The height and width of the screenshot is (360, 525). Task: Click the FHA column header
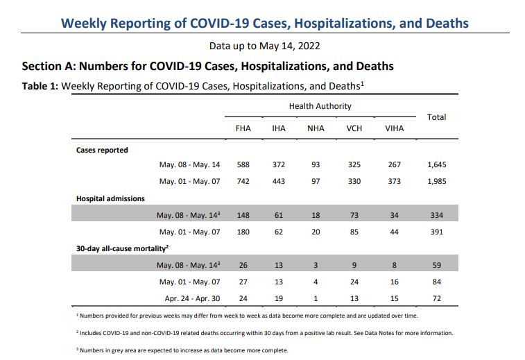(x=243, y=128)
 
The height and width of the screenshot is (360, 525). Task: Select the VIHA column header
(x=394, y=128)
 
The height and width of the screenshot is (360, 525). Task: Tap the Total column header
(x=436, y=117)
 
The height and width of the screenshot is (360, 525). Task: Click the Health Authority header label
(x=320, y=106)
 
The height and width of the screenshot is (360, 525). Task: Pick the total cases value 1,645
(x=436, y=164)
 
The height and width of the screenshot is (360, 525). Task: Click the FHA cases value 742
(x=243, y=181)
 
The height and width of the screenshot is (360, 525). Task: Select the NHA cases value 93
(x=316, y=164)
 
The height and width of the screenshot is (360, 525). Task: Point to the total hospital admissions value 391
(x=436, y=232)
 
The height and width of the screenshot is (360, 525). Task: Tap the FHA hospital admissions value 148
(x=243, y=215)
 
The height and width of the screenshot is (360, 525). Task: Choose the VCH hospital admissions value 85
(x=354, y=232)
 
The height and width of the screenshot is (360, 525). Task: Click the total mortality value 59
(x=436, y=265)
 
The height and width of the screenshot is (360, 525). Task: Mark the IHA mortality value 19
(x=279, y=299)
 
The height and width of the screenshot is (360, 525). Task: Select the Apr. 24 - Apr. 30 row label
(x=192, y=299)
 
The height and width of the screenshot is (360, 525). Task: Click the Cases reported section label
(x=102, y=150)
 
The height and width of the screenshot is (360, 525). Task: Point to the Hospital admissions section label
(x=110, y=198)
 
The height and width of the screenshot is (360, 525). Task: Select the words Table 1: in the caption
(x=40, y=86)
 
